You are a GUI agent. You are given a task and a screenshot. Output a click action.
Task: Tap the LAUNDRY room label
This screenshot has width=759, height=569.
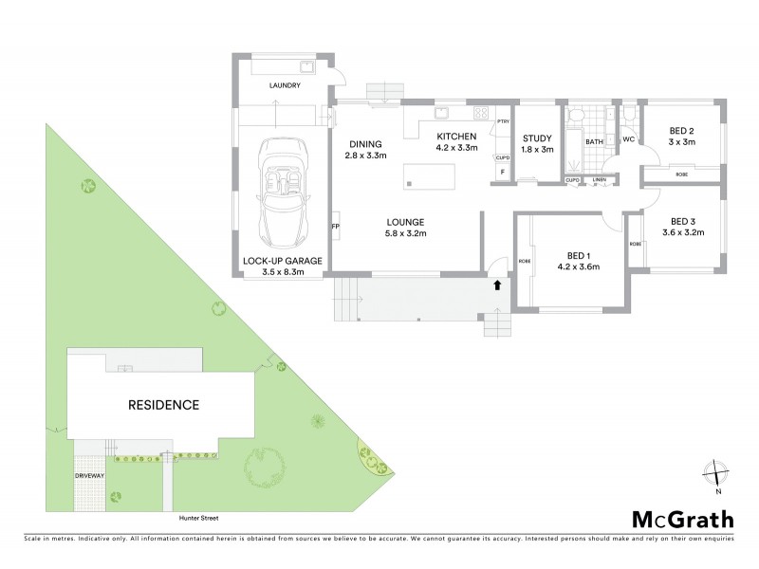click(285, 86)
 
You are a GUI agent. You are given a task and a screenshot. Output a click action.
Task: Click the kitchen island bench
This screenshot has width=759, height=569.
click(429, 176)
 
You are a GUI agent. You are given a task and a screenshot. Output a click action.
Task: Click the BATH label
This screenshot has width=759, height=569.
click(594, 142)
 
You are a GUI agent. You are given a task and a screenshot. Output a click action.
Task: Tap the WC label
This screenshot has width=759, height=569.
click(627, 139)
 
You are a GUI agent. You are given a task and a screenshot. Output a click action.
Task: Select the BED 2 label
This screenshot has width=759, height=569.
click(681, 131)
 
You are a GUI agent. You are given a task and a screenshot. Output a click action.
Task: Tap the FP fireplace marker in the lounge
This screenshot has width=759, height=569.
click(335, 227)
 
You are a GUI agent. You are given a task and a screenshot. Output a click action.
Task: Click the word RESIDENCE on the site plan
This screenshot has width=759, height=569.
click(163, 405)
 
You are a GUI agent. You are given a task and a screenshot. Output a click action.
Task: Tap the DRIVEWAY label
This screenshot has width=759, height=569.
click(92, 476)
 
